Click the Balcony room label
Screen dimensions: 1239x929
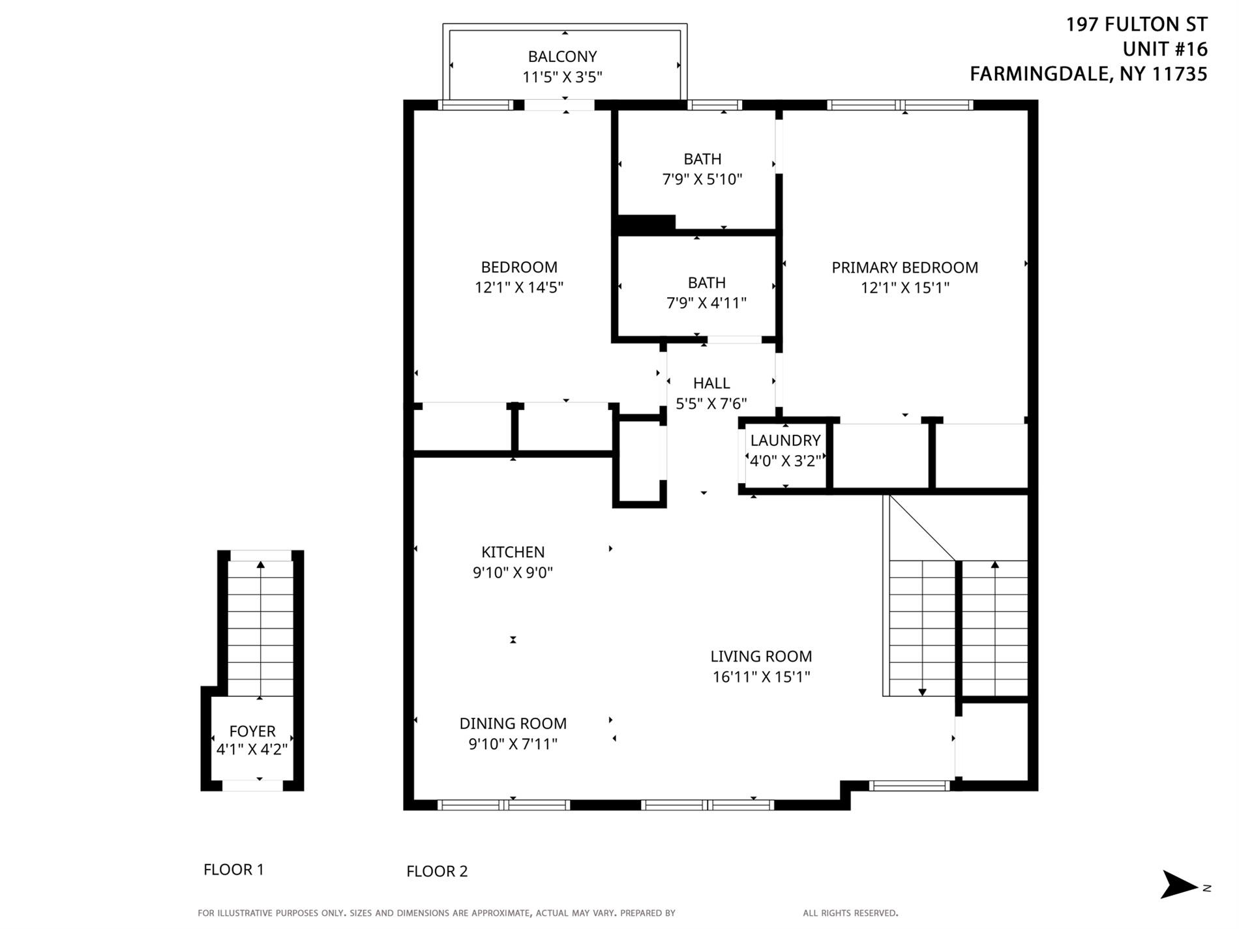[x=562, y=57]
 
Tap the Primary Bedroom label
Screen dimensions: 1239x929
[x=904, y=267]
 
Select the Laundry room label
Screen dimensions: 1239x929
[x=785, y=440]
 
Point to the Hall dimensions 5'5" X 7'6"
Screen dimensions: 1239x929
[x=711, y=404]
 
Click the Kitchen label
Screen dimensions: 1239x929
[x=513, y=552]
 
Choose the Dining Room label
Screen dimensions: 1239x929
[x=513, y=724]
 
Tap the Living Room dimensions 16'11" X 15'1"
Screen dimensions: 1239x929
[x=761, y=677]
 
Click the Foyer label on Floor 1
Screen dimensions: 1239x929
[x=252, y=731]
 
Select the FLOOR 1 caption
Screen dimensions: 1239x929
[x=233, y=870]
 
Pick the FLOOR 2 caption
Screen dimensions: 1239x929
[x=437, y=872]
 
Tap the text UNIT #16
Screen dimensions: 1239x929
[x=1165, y=49]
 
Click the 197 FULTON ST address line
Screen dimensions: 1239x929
[x=1137, y=24]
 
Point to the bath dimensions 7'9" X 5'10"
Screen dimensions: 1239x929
[x=702, y=179]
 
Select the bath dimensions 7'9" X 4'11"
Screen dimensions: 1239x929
[x=706, y=303]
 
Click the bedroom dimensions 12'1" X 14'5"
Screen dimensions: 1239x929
[x=518, y=288]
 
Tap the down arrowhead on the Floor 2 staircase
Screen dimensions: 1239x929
[x=922, y=692]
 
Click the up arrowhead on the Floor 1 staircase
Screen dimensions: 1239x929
[x=261, y=565]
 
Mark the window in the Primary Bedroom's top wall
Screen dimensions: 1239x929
[x=900, y=105]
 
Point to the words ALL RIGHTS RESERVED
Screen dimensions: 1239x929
[x=850, y=913]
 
